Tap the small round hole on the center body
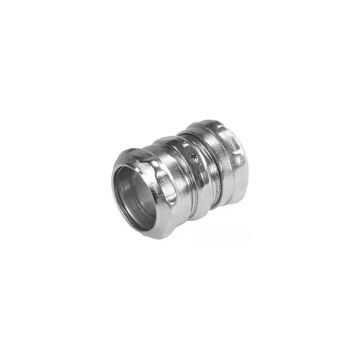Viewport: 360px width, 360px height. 193,157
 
